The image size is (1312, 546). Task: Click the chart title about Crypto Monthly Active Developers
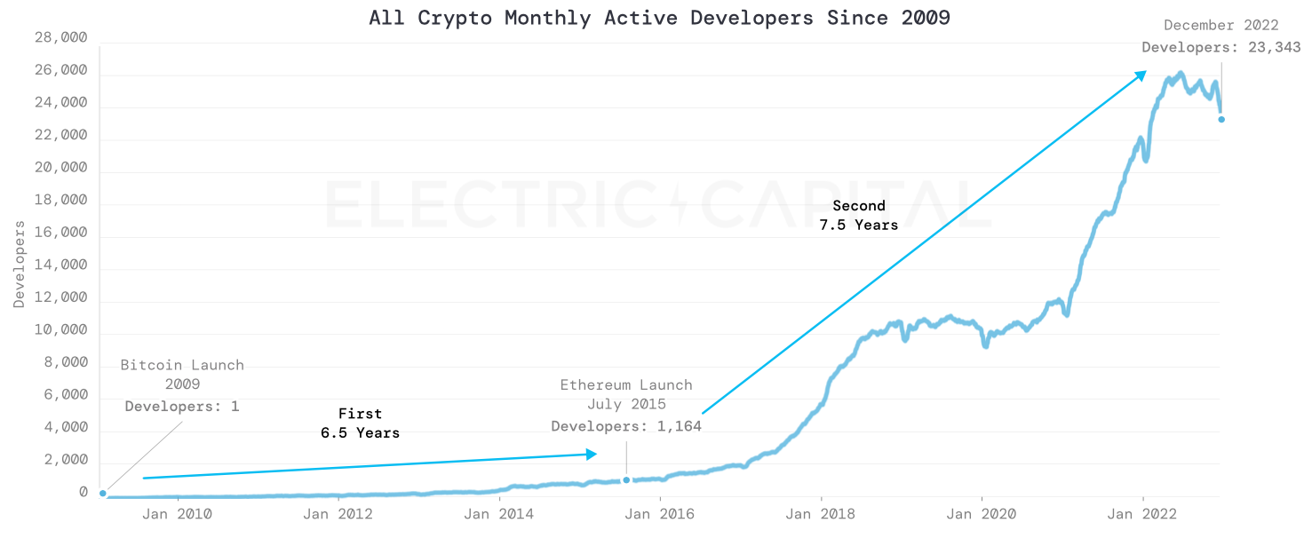(659, 18)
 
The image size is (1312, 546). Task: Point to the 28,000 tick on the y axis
(60, 38)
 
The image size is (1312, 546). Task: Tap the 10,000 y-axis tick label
(60, 330)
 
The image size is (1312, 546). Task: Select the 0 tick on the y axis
(83, 493)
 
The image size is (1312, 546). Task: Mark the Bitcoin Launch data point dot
(103, 494)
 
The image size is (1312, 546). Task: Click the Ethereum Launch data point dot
(626, 480)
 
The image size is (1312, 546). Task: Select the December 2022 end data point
(1221, 119)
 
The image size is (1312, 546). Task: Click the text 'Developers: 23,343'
(1221, 47)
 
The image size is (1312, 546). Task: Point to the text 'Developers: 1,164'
(626, 426)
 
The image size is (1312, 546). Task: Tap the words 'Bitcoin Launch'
(182, 365)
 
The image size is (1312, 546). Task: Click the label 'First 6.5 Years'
(360, 423)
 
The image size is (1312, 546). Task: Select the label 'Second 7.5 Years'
(858, 216)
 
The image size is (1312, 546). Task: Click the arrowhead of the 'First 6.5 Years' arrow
(592, 455)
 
